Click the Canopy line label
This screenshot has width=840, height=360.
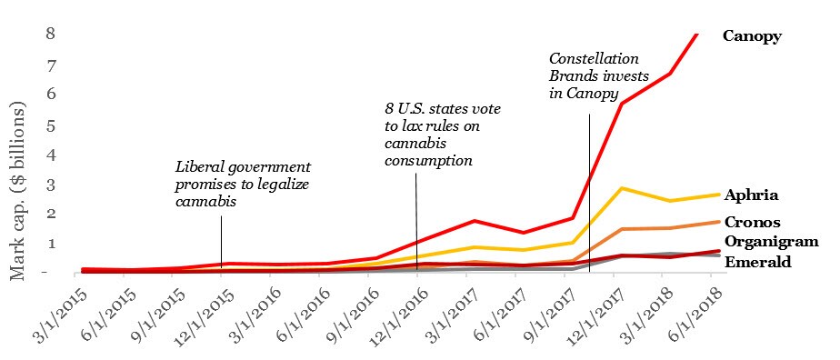coord(752,36)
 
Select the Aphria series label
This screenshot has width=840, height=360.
coord(751,195)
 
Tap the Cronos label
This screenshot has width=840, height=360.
coord(752,222)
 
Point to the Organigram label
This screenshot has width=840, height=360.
coord(772,242)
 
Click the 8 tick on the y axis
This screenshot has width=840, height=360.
coord(50,34)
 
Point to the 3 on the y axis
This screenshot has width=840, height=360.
coord(51,185)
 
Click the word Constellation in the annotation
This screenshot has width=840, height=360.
coord(595,58)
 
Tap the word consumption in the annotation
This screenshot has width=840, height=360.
coord(428,161)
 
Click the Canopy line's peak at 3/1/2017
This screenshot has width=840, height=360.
coord(475,221)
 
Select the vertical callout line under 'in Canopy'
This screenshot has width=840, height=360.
coord(589,194)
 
